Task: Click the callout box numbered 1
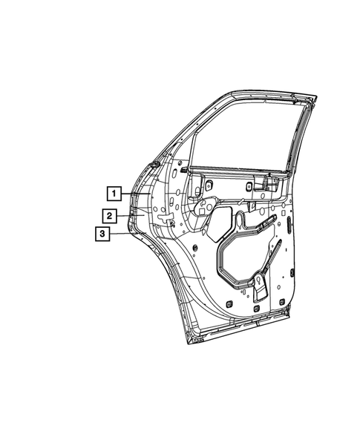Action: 114,194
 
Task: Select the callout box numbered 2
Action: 108,215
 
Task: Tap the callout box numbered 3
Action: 102,234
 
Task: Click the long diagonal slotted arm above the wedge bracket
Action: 274,256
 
